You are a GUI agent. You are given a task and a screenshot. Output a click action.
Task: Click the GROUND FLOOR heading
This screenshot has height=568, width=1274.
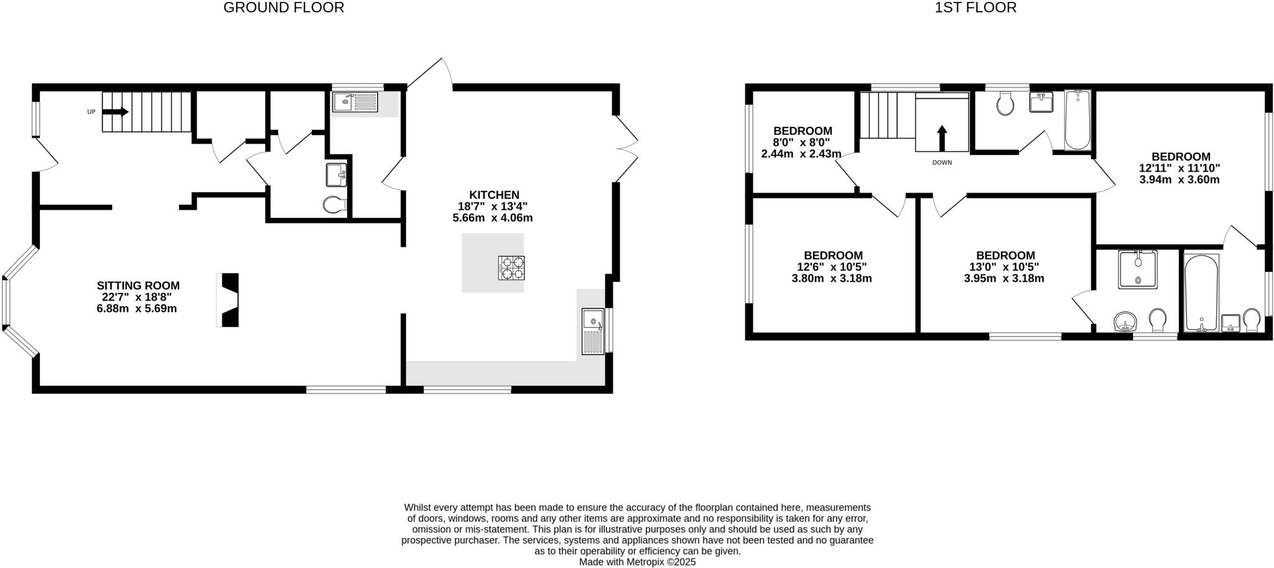[x=283, y=8]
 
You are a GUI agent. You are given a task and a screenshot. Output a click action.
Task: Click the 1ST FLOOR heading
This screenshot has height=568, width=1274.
[x=975, y=8]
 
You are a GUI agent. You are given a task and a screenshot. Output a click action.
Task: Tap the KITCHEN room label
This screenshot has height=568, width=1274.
[x=494, y=195]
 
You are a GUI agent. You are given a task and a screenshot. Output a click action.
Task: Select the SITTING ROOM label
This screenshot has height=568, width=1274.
[x=138, y=286]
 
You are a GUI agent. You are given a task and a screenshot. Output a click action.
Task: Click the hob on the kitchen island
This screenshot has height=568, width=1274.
[x=511, y=268]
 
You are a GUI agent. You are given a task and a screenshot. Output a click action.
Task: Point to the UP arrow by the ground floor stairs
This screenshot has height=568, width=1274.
[x=114, y=112]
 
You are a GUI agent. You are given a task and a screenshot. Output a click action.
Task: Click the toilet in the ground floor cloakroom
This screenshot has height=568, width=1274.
[x=335, y=205]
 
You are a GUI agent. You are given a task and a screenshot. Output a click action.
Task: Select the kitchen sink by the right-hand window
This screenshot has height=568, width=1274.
[x=593, y=331]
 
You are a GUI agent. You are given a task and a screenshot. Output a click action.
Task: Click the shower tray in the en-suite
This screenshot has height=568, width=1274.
[x=1138, y=269]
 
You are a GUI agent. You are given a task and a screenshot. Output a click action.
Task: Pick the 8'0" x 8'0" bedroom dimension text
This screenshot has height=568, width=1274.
[x=802, y=142]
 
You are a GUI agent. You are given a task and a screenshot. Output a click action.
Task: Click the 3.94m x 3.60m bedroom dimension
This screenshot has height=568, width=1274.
[x=1179, y=180]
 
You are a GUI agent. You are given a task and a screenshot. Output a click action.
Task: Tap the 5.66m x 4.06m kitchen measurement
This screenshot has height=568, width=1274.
[x=493, y=218]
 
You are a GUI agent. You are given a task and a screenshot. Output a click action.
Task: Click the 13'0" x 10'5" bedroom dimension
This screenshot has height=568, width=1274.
[x=1005, y=267]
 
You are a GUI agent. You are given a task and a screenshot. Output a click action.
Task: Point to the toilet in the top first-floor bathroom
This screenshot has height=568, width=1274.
[x=1005, y=104]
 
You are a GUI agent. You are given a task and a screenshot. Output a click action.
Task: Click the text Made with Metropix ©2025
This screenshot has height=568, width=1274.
[x=637, y=562]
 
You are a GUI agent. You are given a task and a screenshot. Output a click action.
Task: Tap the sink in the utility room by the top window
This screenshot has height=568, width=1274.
[x=355, y=101]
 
